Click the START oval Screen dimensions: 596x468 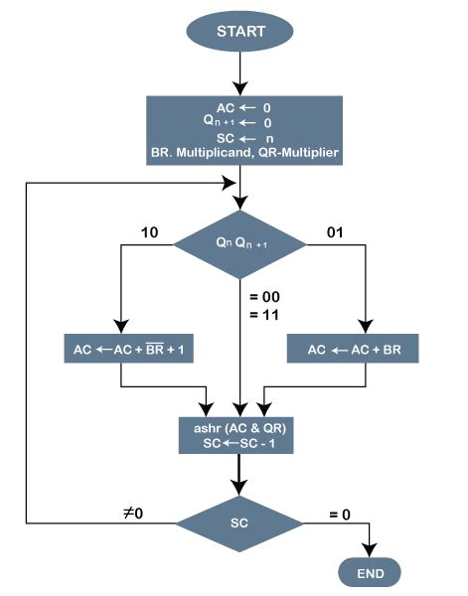tap(240, 30)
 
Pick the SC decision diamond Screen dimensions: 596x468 tap(240, 521)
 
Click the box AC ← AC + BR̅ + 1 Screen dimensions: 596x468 tap(121, 351)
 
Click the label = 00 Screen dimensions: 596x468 tap(262, 295)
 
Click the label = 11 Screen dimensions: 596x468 tap(262, 314)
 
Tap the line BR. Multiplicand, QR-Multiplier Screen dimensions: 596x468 tap(240, 152)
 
